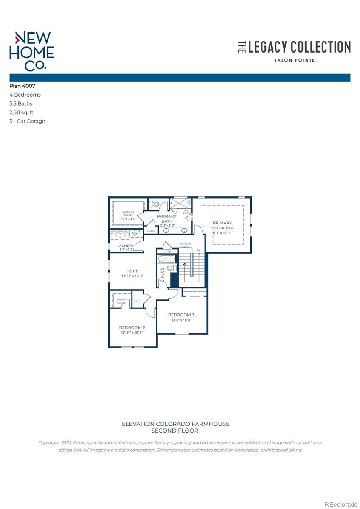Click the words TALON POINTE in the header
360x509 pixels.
(294, 60)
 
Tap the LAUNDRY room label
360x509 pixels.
(126, 246)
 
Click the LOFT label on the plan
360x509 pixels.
(132, 271)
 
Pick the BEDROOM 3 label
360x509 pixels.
(181, 315)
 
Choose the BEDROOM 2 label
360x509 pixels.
(132, 328)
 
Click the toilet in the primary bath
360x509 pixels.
(156, 204)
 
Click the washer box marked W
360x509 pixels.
(115, 236)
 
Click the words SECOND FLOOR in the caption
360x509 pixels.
(176, 431)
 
